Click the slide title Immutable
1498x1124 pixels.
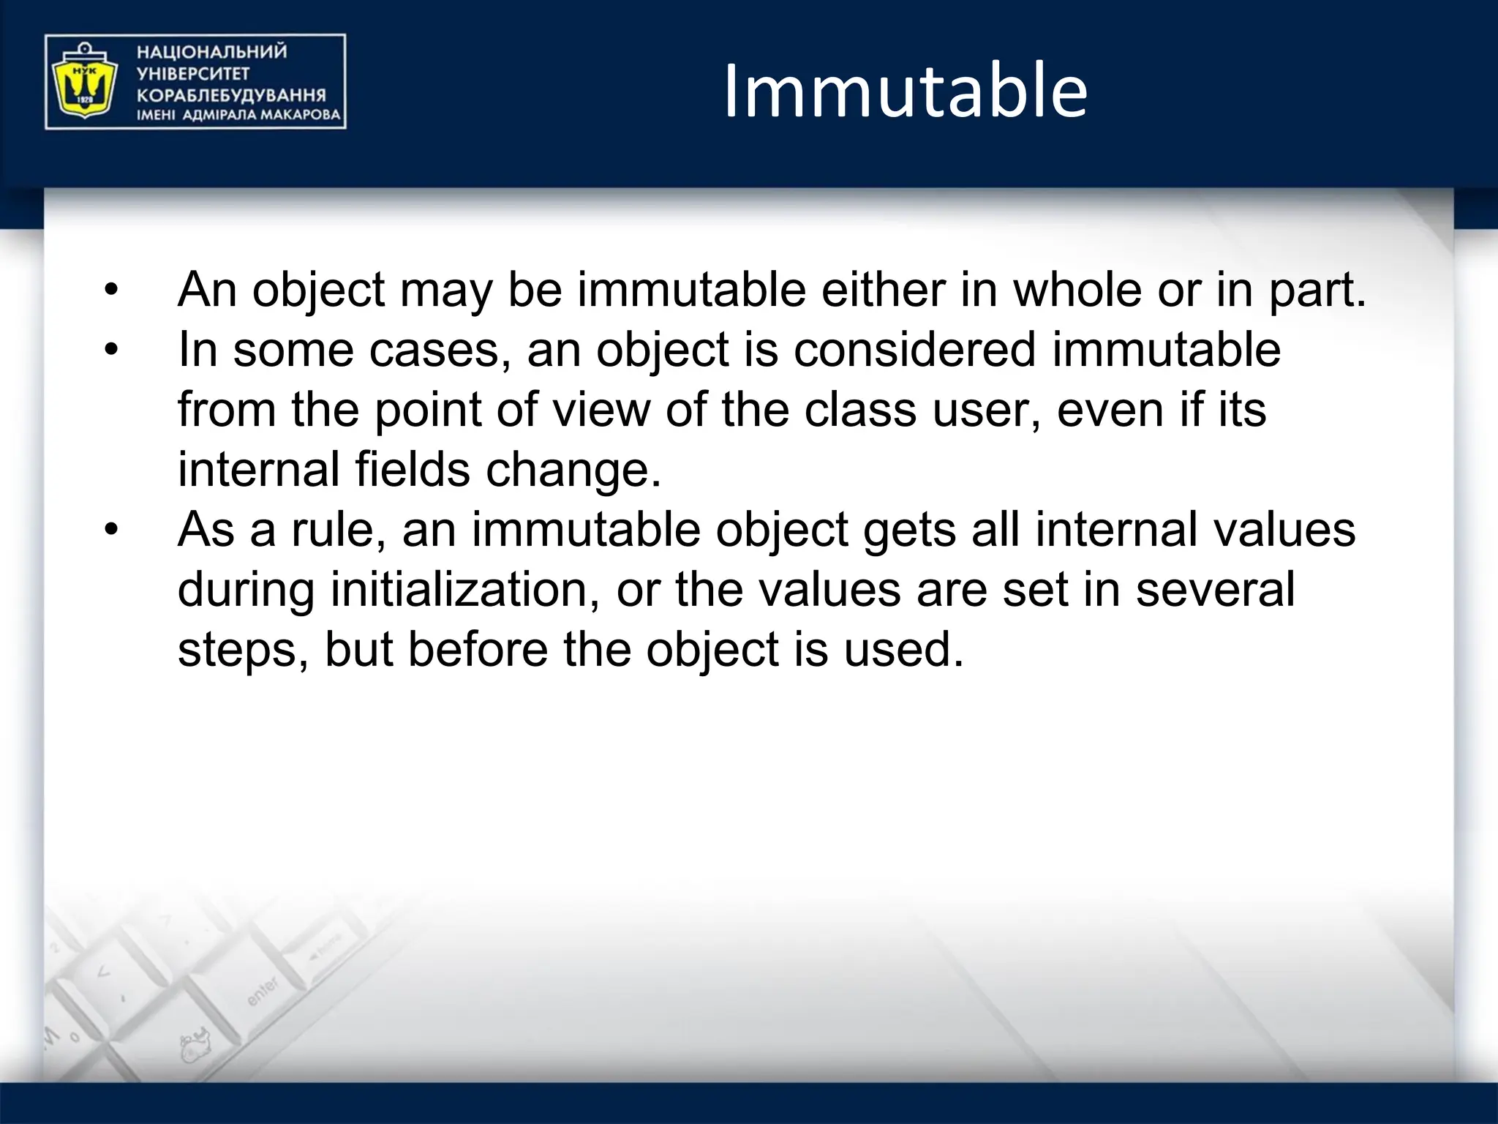906,91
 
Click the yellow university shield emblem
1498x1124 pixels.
81,82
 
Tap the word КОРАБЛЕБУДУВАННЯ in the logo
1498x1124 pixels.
231,95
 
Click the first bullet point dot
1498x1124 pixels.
110,290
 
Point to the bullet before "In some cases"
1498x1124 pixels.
110,350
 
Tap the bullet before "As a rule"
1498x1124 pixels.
110,530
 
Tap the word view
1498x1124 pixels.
601,410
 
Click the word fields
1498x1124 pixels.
412,470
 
